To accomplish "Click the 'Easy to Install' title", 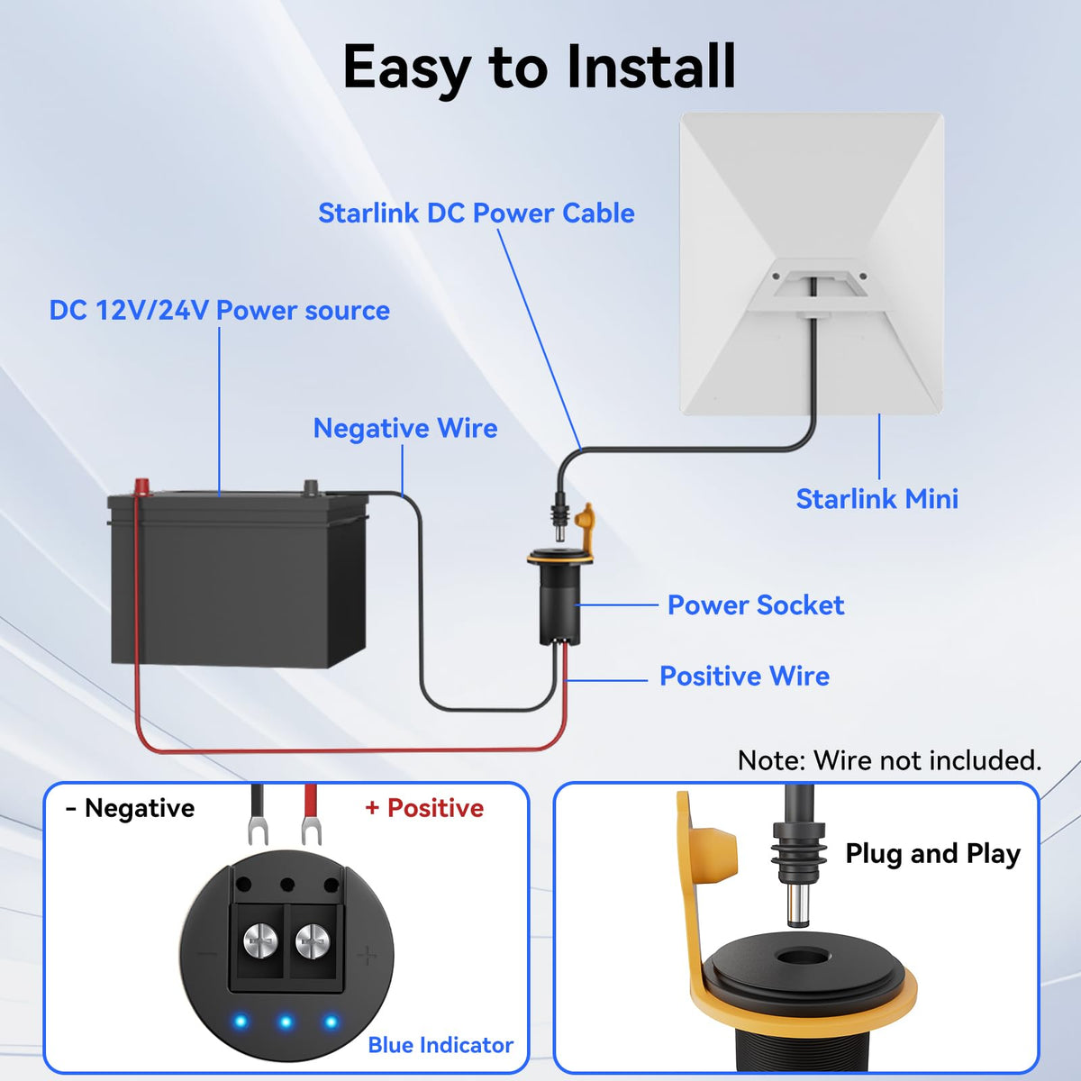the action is click(x=539, y=68).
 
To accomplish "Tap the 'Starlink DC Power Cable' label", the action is click(x=477, y=213).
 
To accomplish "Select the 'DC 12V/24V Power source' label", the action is click(x=219, y=310).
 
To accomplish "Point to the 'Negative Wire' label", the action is click(x=405, y=429).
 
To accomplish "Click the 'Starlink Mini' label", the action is click(x=877, y=499).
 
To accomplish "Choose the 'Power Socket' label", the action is click(x=756, y=605).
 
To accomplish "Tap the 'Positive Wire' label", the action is click(x=744, y=676).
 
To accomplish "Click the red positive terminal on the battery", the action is click(x=141, y=486).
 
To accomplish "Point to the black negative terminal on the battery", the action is click(x=310, y=486).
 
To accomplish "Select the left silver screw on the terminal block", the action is click(x=260, y=940).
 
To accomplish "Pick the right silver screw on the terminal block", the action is click(x=313, y=940).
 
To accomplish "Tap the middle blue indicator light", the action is click(x=286, y=1022).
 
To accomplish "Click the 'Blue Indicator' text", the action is click(x=441, y=1046).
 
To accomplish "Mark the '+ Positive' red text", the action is click(x=424, y=808).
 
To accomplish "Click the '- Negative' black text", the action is click(x=130, y=808).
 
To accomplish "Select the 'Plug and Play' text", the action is click(x=933, y=854).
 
